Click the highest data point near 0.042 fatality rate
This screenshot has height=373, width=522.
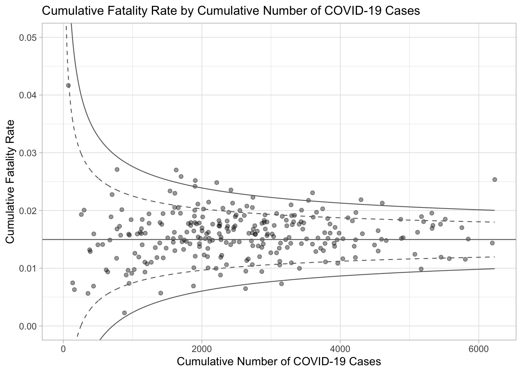coord(68,85)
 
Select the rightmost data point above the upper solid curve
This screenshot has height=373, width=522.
coord(494,180)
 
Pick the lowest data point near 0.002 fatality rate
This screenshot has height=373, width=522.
coord(124,313)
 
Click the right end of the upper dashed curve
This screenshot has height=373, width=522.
coord(494,222)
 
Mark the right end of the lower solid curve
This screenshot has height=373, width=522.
coord(494,269)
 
